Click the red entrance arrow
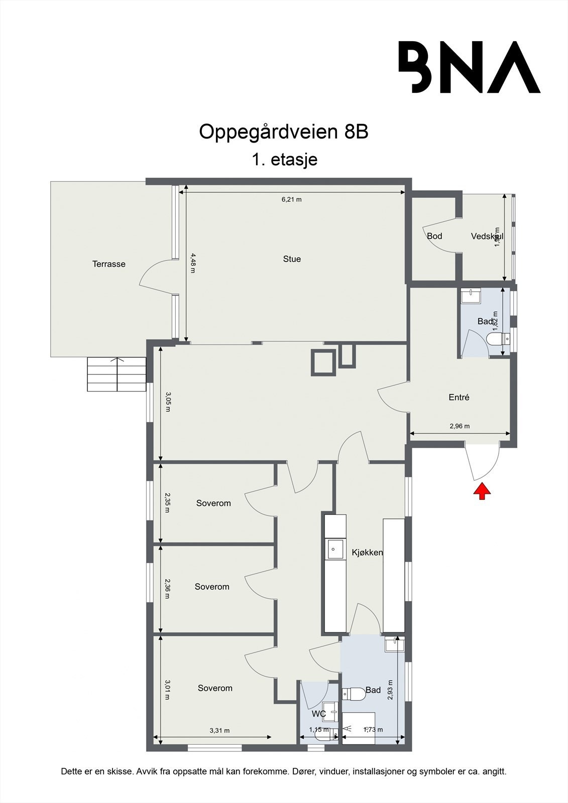[482, 491]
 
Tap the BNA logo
[469, 67]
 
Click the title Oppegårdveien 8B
[284, 132]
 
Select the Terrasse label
[108, 264]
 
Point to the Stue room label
[292, 259]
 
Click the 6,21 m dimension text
[291, 199]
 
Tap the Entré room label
[459, 397]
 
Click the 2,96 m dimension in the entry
[460, 426]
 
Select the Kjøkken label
[367, 553]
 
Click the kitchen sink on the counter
[335, 549]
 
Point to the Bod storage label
[434, 236]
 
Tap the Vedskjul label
[487, 236]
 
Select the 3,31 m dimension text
[219, 730]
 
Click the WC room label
[319, 714]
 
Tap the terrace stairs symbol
[117, 374]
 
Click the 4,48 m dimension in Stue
[192, 263]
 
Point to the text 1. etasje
[284, 160]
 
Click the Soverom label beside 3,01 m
[215, 688]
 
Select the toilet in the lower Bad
[354, 694]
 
